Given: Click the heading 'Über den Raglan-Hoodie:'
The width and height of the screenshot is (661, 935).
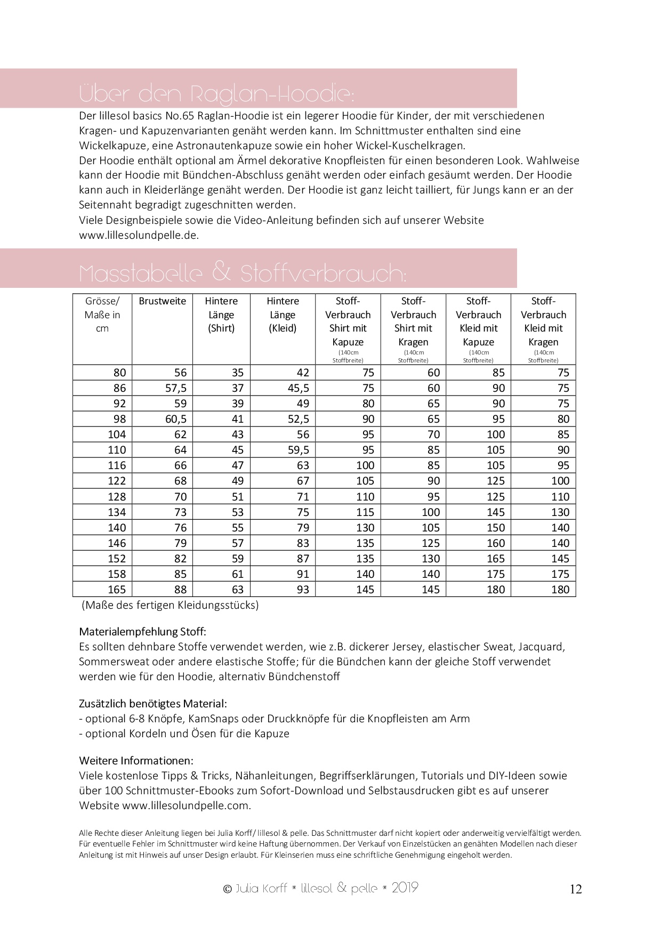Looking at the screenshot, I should pos(216,94).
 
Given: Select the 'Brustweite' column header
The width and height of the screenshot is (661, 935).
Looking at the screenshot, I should pos(162,301).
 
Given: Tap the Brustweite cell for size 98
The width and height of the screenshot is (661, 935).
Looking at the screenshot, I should pos(175,419).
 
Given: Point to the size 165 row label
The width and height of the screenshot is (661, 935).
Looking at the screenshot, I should pos(117,590).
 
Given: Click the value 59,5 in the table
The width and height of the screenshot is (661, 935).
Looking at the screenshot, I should pos(299,450).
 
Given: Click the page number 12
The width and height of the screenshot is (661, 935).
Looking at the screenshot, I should pos(576,889).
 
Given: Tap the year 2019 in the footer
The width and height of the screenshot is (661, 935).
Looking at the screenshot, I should pos(405,888).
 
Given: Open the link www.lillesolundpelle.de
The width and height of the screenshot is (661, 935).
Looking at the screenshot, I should pos(139,235).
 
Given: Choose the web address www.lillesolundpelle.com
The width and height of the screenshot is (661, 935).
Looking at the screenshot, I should pos(186,805).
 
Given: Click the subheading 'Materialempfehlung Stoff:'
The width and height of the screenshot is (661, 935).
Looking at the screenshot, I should pos(142,632).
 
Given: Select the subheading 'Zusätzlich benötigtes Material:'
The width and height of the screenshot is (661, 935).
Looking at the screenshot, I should pos(153,704).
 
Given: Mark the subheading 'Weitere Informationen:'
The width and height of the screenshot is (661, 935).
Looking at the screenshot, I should pos(136,760).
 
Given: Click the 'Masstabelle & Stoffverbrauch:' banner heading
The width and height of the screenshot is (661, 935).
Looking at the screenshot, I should pos(243,273).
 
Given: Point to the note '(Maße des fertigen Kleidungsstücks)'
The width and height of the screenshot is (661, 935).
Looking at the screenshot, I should pos(170,606).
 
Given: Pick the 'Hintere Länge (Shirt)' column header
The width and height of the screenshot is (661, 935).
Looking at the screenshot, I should pos(221,315).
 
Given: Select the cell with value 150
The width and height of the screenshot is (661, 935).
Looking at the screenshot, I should pos(495,528).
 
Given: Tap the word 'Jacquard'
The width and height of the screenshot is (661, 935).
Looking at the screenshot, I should pos(539,647).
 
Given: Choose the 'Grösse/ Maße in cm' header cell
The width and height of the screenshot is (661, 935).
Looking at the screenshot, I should pos(102,315).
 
